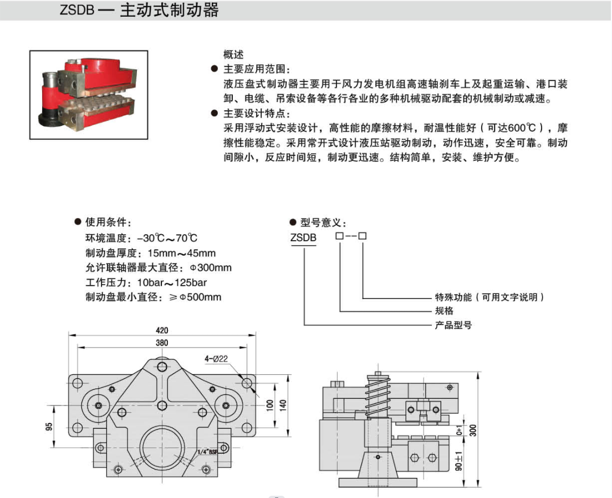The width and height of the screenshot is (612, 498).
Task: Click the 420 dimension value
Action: coord(162,331)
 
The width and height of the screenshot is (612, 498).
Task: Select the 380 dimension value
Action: coord(162,343)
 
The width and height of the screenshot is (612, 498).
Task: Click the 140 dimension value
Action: coord(283,404)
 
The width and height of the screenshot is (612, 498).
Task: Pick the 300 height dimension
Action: coord(472,429)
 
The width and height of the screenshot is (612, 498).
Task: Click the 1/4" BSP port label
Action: coord(207,451)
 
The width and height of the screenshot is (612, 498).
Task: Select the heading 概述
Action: coord(233,55)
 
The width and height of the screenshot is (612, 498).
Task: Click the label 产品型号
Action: coord(453,325)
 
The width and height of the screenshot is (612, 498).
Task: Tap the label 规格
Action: coord(444,311)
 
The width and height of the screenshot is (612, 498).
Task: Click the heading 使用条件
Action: coord(108,223)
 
